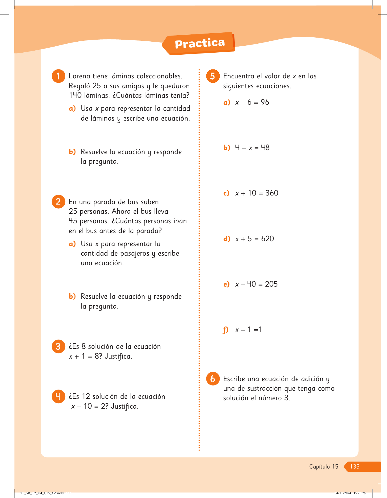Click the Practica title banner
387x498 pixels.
(x=199, y=44)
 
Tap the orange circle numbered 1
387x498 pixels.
(x=58, y=76)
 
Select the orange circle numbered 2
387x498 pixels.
(x=58, y=202)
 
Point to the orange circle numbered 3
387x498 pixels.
(x=58, y=346)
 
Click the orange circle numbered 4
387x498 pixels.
(x=58, y=396)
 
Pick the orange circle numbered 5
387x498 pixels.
(x=213, y=76)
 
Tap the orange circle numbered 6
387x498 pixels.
(x=213, y=379)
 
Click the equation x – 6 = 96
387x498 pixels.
(x=252, y=102)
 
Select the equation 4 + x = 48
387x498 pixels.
(x=252, y=148)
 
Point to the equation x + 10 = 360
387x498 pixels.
(x=257, y=193)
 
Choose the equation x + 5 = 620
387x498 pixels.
(x=254, y=239)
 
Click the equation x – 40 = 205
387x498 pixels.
(x=256, y=284)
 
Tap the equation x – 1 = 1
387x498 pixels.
(x=249, y=330)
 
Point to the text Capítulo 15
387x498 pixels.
(x=323, y=466)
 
